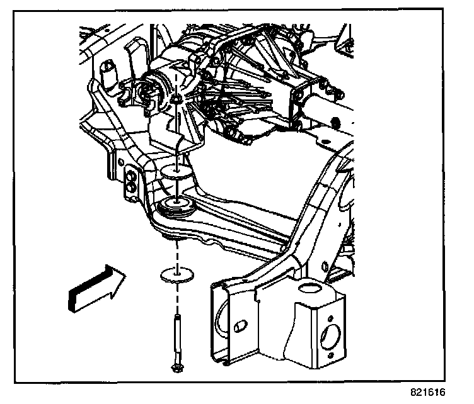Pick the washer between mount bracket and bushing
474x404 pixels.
click(176, 171)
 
